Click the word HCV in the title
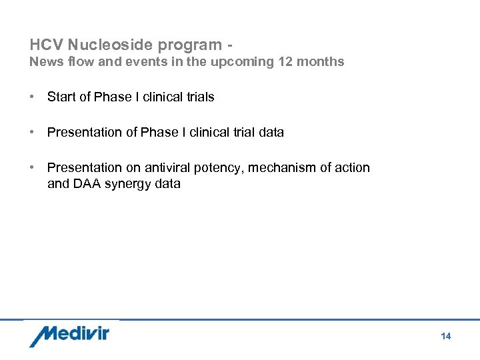coord(45,45)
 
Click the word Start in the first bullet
coord(61,97)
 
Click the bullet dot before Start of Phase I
coord(32,97)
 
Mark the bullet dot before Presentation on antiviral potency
coord(32,167)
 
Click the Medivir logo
coord(69,335)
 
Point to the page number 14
coord(446,337)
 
